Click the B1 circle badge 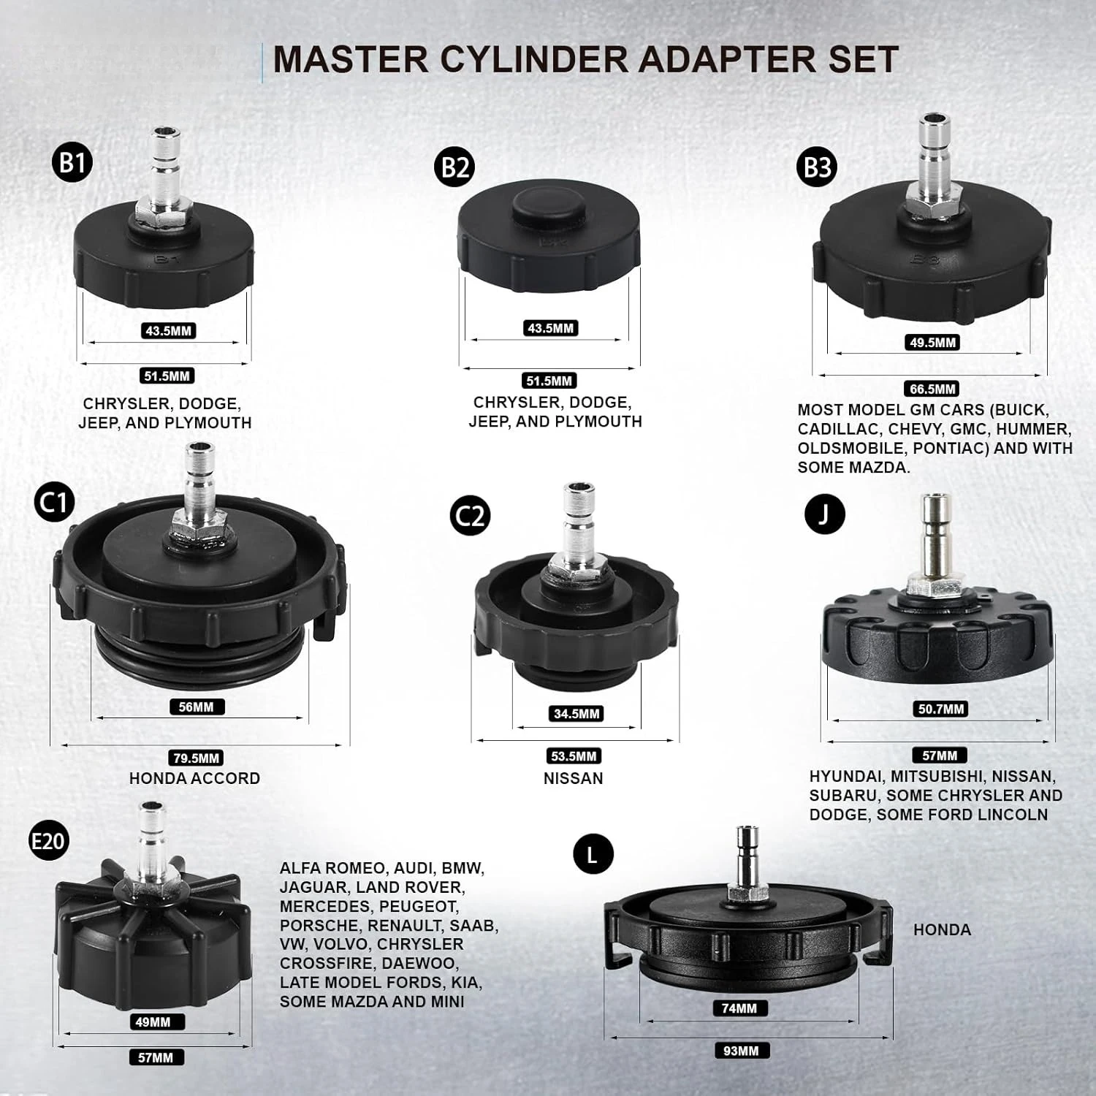(72, 162)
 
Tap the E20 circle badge (47, 841)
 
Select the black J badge (824, 514)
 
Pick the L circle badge (592, 854)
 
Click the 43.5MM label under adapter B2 (550, 328)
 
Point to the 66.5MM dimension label (932, 389)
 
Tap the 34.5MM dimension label (576, 713)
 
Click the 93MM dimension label (741, 1051)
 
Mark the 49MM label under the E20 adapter (153, 1021)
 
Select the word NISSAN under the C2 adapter (574, 778)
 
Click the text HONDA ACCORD (194, 778)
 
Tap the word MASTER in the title (351, 59)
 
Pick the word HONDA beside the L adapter (942, 929)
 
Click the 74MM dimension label (739, 1008)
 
